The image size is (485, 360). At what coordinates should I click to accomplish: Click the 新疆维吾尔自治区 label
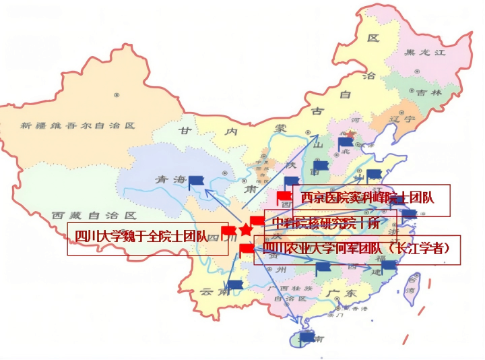tap(78, 125)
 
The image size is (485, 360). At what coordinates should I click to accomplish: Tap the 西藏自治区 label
tap(94, 216)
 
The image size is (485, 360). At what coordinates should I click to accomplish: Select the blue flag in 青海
tap(196, 180)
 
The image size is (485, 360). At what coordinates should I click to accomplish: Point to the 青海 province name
tap(170, 180)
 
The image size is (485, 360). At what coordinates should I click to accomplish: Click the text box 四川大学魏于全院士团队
tap(148, 237)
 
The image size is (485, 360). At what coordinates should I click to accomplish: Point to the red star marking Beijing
tap(350, 135)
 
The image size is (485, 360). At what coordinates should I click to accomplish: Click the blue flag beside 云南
tap(235, 285)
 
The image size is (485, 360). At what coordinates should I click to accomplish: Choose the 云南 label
tap(212, 292)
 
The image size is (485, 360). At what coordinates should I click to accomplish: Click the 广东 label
tap(341, 294)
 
